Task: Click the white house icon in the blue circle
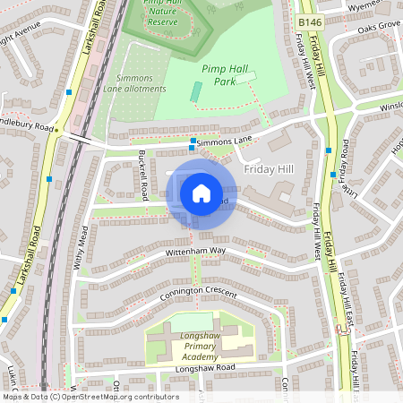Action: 201,193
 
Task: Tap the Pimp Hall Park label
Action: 223,74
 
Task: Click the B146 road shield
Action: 310,21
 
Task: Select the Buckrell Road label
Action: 142,176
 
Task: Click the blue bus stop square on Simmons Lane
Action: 193,141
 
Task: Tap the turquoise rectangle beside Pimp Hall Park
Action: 195,92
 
